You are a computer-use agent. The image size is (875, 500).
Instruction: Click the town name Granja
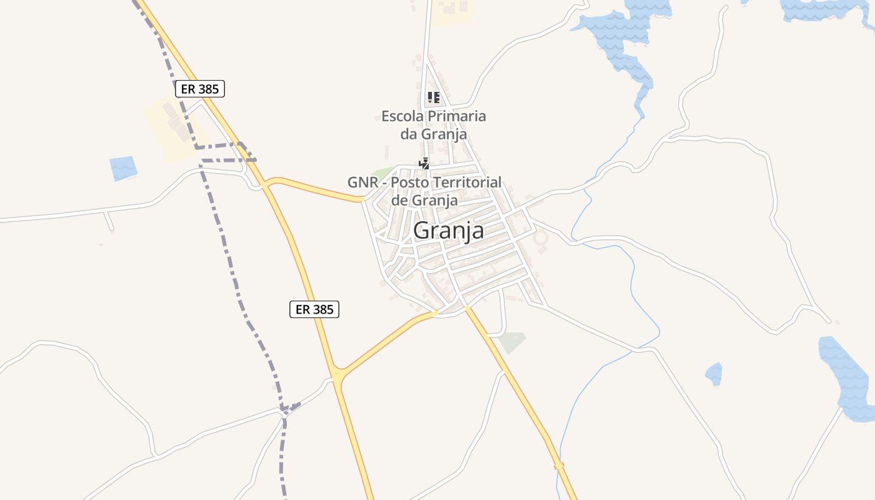click(448, 231)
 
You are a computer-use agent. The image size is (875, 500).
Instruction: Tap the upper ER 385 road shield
click(199, 89)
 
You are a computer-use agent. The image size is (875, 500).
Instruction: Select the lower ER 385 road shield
click(314, 309)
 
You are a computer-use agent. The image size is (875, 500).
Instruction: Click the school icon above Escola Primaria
click(433, 97)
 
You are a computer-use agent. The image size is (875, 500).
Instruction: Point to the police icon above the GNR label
click(424, 164)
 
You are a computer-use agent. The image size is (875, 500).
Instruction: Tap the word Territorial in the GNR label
click(464, 182)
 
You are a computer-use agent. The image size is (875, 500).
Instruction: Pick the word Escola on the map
click(402, 116)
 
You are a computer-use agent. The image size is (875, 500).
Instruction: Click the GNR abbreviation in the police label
click(361, 182)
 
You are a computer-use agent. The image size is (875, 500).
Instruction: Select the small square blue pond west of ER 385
click(123, 168)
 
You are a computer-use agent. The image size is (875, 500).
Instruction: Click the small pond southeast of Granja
click(714, 374)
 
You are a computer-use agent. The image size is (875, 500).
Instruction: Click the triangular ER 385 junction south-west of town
click(338, 377)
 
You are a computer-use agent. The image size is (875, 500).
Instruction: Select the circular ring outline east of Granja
click(539, 238)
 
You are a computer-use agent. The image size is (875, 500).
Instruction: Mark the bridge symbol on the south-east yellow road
click(559, 465)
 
